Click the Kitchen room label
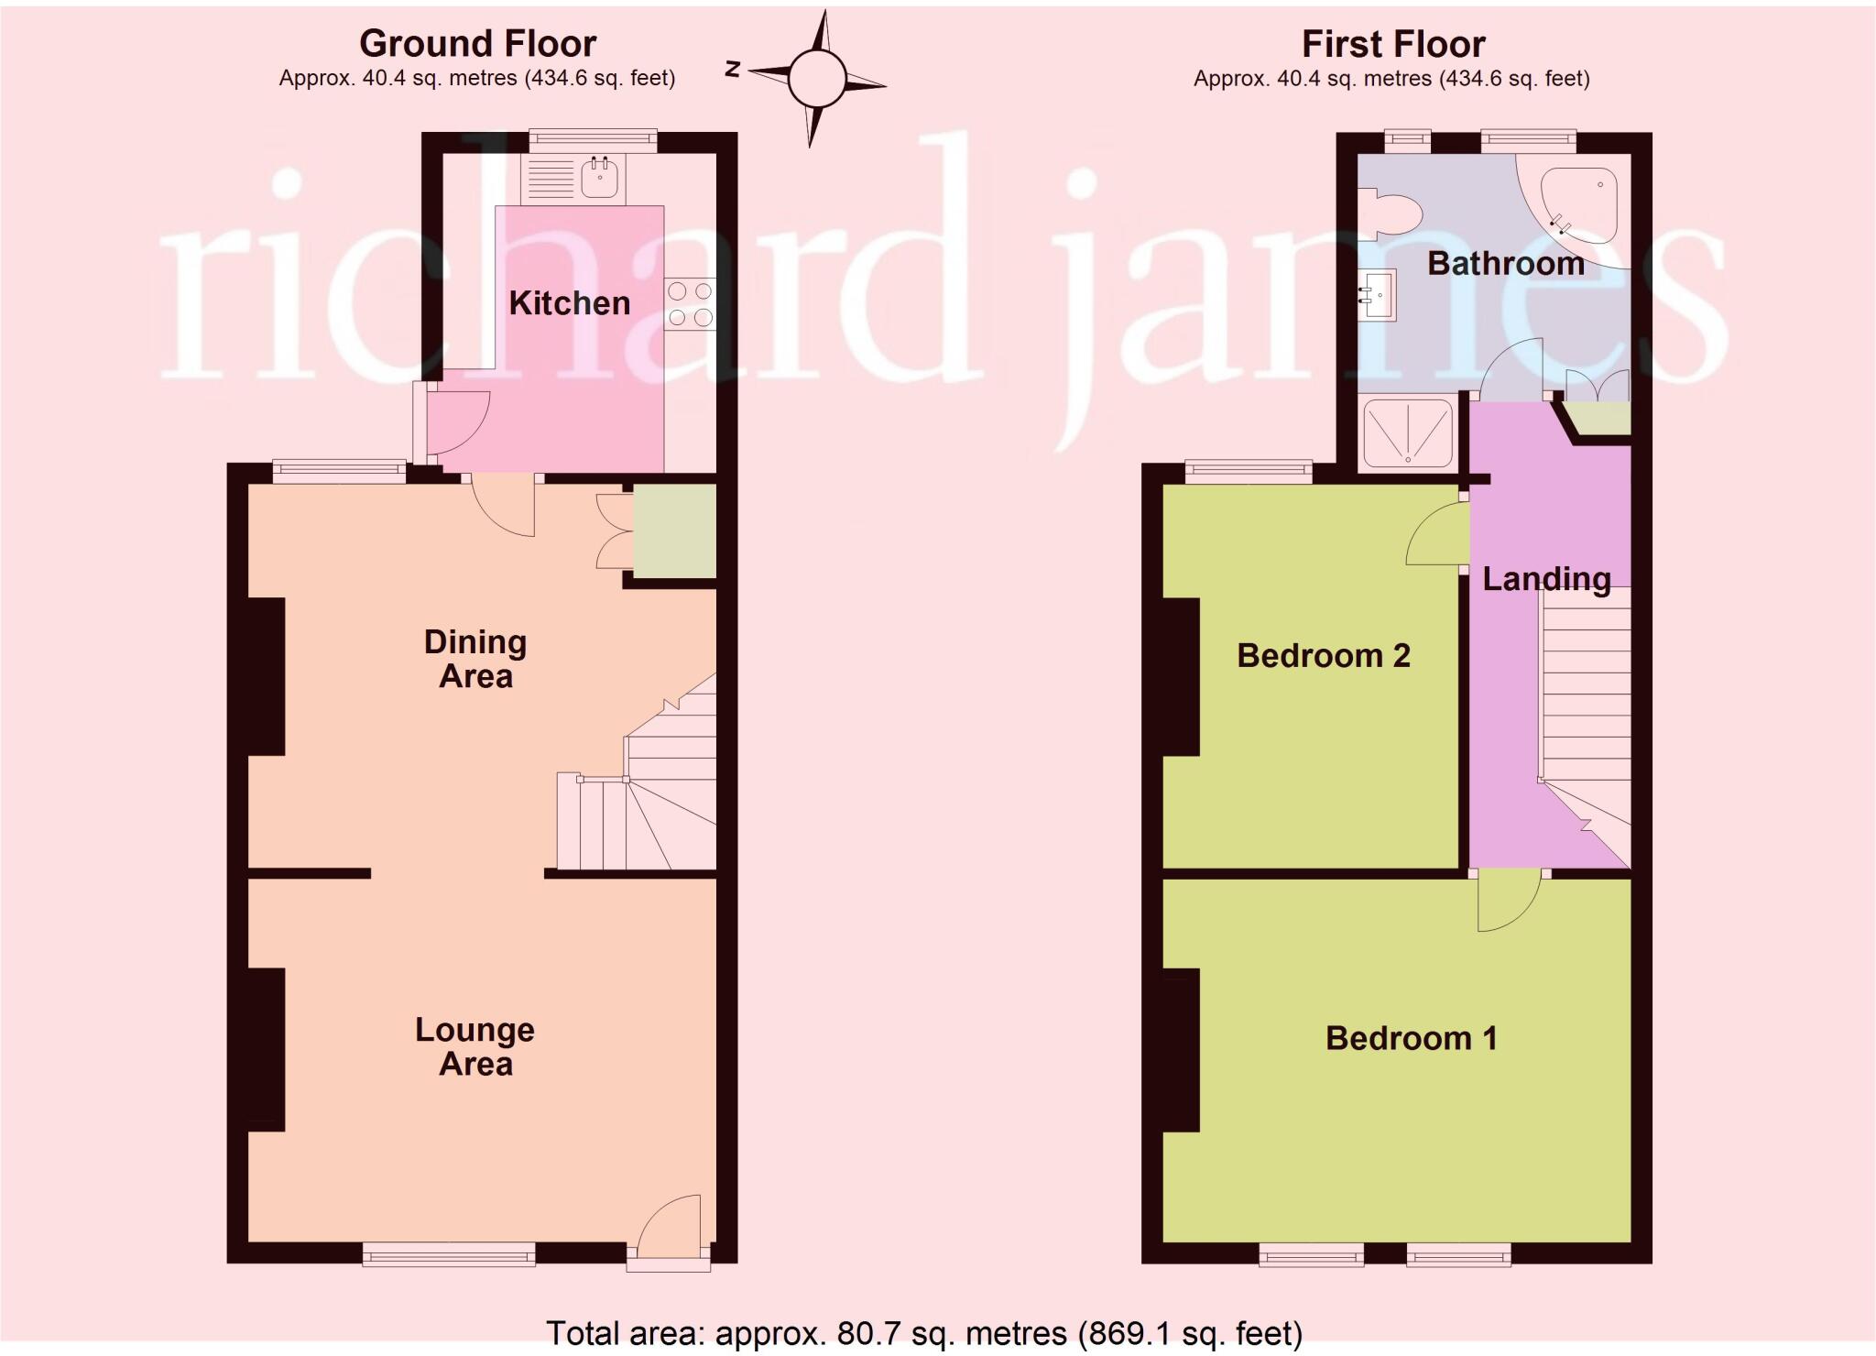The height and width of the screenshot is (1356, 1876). [569, 303]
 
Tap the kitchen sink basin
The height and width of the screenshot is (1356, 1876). [599, 179]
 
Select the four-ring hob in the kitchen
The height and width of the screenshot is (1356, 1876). [690, 304]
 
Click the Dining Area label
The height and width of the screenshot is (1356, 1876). [475, 659]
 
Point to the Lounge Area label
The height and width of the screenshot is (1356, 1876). [474, 1046]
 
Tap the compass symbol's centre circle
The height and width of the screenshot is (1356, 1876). [816, 79]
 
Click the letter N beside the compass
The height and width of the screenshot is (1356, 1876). [732, 69]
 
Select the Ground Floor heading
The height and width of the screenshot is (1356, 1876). [477, 44]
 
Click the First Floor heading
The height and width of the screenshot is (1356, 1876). [1392, 44]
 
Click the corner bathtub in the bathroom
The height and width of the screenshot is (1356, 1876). [1580, 208]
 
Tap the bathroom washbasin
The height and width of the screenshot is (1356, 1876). [1378, 295]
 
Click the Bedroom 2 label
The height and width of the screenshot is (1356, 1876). [1323, 656]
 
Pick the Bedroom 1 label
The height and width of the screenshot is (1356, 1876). [1411, 1038]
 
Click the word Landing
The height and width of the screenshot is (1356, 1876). [1546, 579]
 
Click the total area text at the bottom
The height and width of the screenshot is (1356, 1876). [923, 1333]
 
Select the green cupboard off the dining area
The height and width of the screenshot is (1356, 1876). [674, 532]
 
